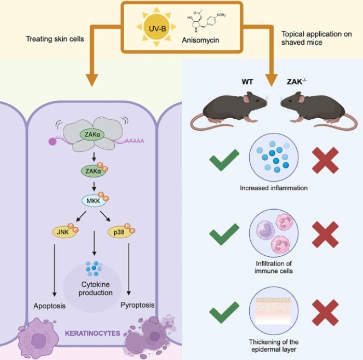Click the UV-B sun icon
coord(157,27)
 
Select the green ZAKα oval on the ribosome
coord(92,134)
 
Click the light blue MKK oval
coord(94,200)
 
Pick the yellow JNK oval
coord(64,232)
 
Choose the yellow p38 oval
coord(119,232)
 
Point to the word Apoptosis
coord(49,306)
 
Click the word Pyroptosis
coord(137,305)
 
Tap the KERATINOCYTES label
coord(92,333)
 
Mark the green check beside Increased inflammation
coord(224,160)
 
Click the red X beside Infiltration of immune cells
coord(325,234)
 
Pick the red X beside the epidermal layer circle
coord(325,313)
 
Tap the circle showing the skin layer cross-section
coord(274,311)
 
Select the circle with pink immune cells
coord(274,233)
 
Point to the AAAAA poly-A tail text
coord(135,141)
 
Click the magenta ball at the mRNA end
coord(52,141)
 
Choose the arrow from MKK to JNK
coord(81,216)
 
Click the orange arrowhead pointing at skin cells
coord(92,80)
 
